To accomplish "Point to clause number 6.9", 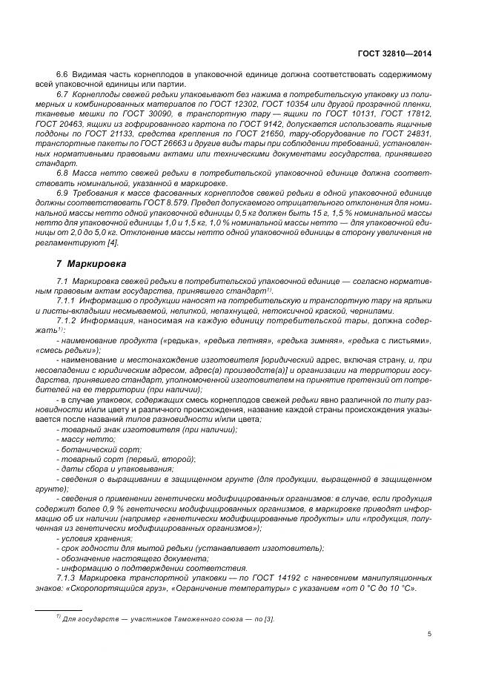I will click(62, 193).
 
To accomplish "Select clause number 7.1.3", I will click(67, 578).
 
